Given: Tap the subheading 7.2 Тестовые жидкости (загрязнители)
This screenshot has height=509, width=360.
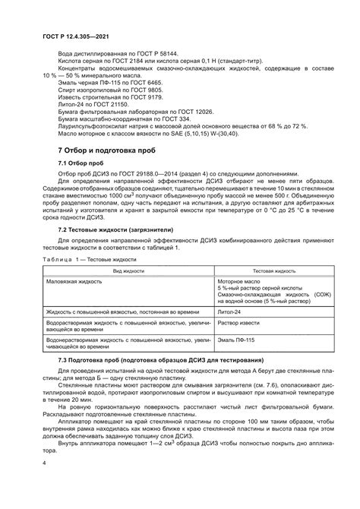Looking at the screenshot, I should point(116,250).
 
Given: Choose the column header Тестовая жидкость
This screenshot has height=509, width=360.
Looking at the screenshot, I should point(273,292).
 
